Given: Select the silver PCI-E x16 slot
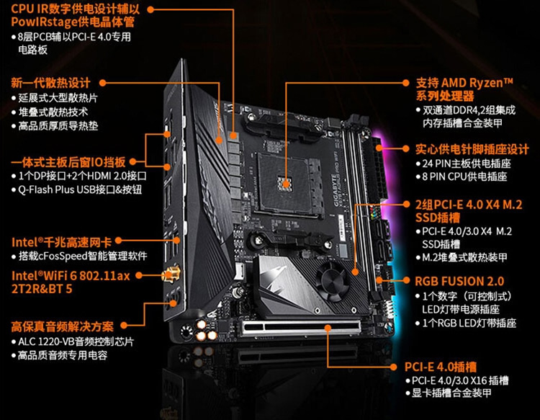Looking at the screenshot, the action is [x=301, y=329].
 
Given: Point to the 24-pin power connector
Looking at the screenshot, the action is [x=378, y=169].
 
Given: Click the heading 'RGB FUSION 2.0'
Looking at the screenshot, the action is [x=459, y=281].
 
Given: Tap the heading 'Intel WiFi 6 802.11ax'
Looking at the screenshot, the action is [x=71, y=276].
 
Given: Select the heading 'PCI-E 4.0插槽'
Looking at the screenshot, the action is [x=441, y=367].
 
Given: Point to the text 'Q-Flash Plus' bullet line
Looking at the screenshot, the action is [x=79, y=189].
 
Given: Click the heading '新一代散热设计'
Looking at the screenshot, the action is [x=50, y=83].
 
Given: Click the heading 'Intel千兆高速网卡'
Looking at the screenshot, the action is [x=62, y=242].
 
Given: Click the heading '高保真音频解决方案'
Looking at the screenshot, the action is [x=63, y=326].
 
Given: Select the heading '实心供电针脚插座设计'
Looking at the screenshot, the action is [x=472, y=149].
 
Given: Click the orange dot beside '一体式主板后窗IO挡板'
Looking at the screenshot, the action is [x=132, y=161].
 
